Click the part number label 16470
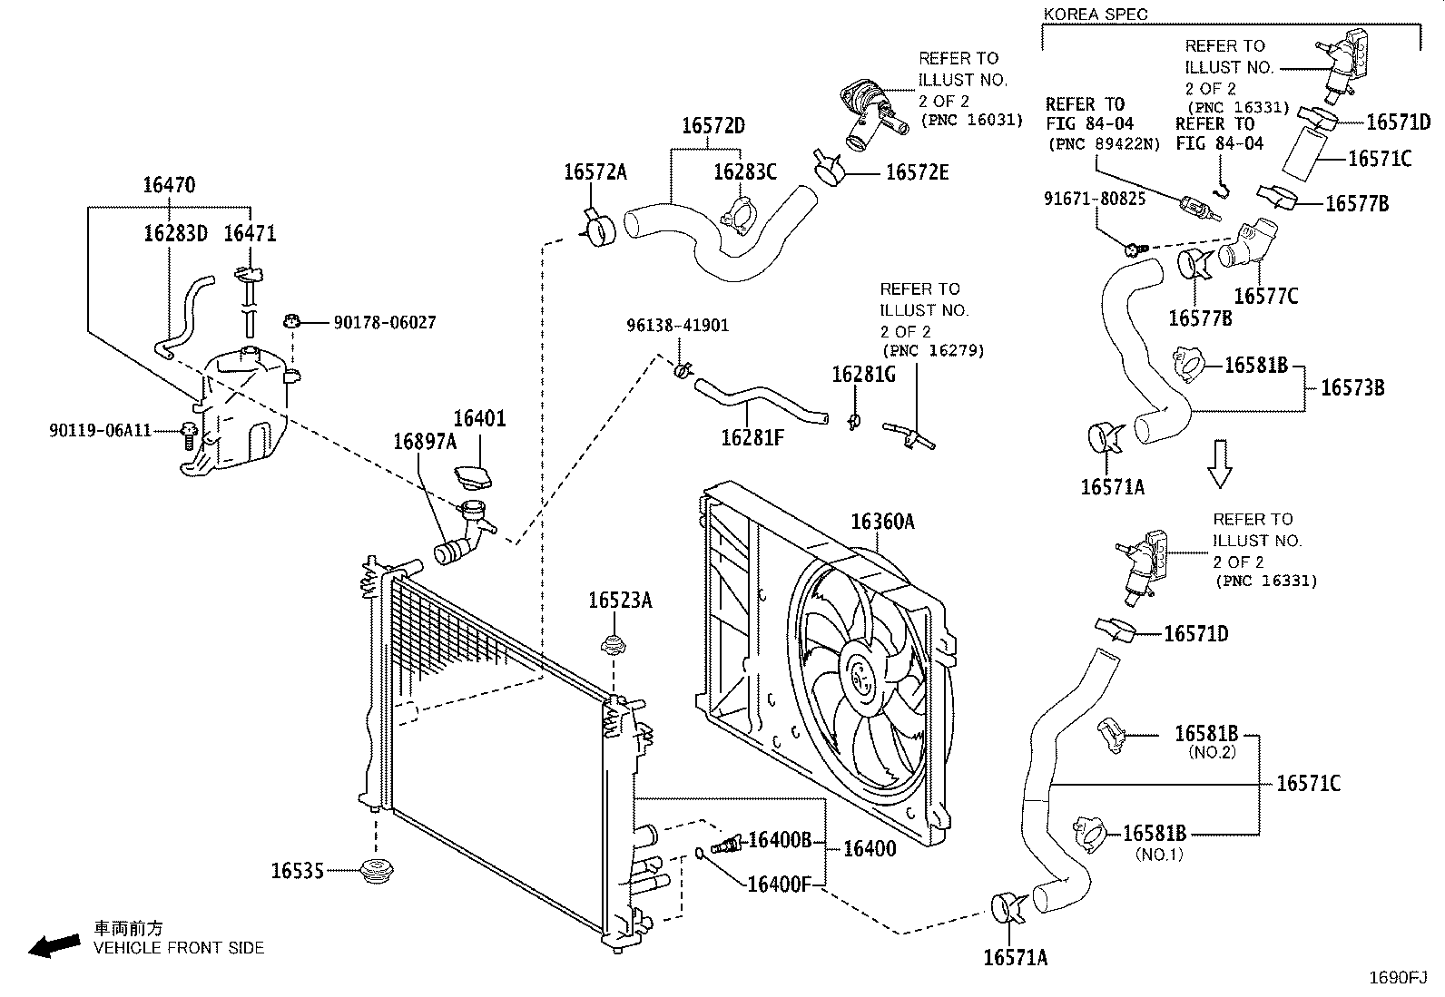point(169,185)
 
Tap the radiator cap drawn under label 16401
point(473,477)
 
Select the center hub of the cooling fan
point(860,678)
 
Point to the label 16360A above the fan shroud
point(882,521)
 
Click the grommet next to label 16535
point(376,871)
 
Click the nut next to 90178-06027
point(292,320)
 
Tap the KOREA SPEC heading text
point(1096,15)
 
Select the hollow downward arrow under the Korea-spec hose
point(1219,464)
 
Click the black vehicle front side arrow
point(54,945)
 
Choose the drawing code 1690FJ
point(1398,977)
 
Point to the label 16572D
point(713,125)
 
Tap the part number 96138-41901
point(677,325)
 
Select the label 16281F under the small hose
point(752,438)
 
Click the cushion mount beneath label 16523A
point(614,644)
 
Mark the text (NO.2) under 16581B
point(1212,752)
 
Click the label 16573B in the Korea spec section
point(1352,387)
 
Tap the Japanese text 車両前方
point(128,928)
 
